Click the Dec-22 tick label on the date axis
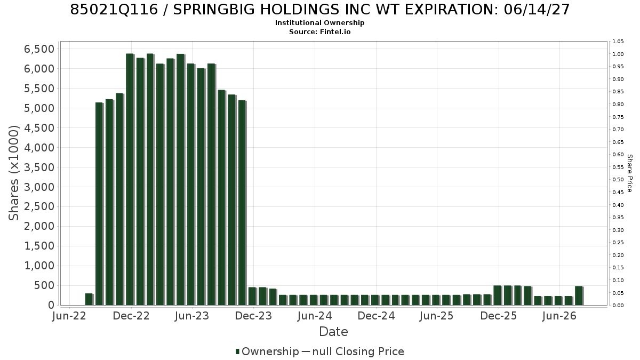[x=131, y=316]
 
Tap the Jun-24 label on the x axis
[x=315, y=316]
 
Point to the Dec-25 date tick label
[x=499, y=316]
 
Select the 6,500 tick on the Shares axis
[x=39, y=49]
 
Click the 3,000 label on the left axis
[x=39, y=187]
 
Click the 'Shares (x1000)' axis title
[x=13, y=173]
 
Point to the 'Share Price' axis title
[x=630, y=173]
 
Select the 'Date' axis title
[x=333, y=332]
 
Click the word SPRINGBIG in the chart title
[x=214, y=10]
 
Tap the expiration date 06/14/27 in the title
[x=537, y=10]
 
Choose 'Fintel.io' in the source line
[x=335, y=31]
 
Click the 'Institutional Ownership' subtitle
[x=319, y=23]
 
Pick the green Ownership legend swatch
[x=237, y=351]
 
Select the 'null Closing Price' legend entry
[x=358, y=351]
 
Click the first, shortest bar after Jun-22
[x=89, y=299]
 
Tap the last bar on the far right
[x=579, y=295]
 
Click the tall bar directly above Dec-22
[x=130, y=179]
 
